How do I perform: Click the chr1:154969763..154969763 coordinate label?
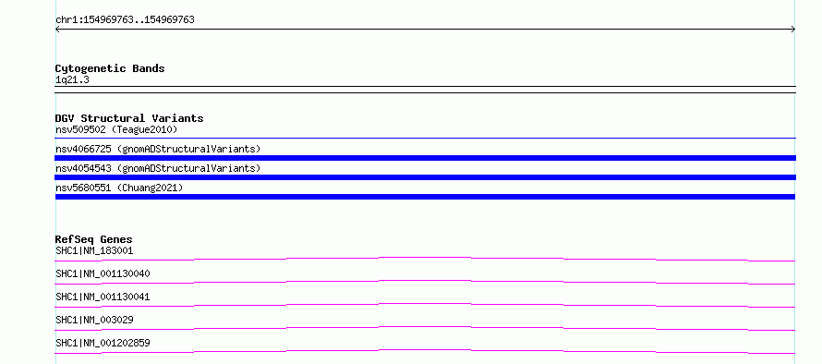coord(125,20)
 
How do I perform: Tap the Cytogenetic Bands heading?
coord(110,68)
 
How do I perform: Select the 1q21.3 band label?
coord(72,79)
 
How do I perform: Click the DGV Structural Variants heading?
coord(129,118)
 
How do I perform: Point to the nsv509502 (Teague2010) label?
coord(116,129)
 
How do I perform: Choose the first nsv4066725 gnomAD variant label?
coord(158,149)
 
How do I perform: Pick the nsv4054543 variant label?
coord(158,168)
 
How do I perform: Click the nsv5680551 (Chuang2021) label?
coord(119,188)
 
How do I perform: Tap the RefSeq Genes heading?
coord(94,239)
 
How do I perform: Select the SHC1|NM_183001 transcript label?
coord(94,250)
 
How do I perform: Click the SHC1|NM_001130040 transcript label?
coord(103,273)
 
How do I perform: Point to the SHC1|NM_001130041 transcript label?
coord(103,297)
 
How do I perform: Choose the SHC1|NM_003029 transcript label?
coord(94,320)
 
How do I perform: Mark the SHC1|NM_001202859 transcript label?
coord(103,343)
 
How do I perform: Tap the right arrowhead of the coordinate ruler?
coord(794,30)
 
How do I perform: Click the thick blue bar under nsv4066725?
coord(425,158)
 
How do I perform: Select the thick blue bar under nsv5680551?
coord(425,197)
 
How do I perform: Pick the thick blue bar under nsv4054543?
coord(425,177)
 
